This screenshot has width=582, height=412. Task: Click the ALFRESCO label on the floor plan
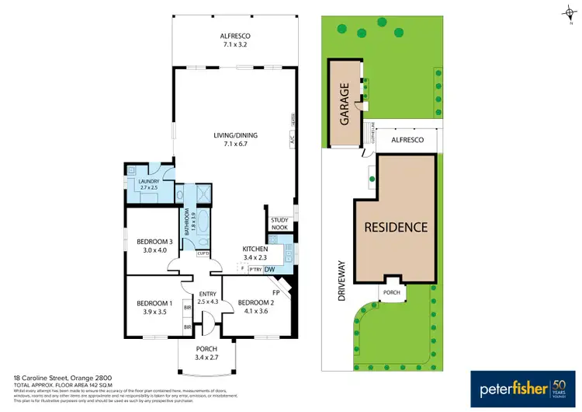click(x=236, y=36)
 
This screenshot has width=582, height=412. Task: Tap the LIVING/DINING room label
click(x=236, y=135)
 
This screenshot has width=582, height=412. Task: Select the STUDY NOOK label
click(x=279, y=223)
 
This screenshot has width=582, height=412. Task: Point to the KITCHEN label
click(x=255, y=249)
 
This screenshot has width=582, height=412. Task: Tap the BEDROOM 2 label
click(x=253, y=302)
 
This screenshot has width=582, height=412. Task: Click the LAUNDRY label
click(x=148, y=182)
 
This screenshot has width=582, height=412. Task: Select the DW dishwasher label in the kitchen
click(x=270, y=270)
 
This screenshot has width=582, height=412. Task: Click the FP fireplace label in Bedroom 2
click(x=275, y=292)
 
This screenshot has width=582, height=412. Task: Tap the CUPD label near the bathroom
click(x=203, y=253)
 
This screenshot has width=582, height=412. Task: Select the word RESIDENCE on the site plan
click(x=397, y=227)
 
